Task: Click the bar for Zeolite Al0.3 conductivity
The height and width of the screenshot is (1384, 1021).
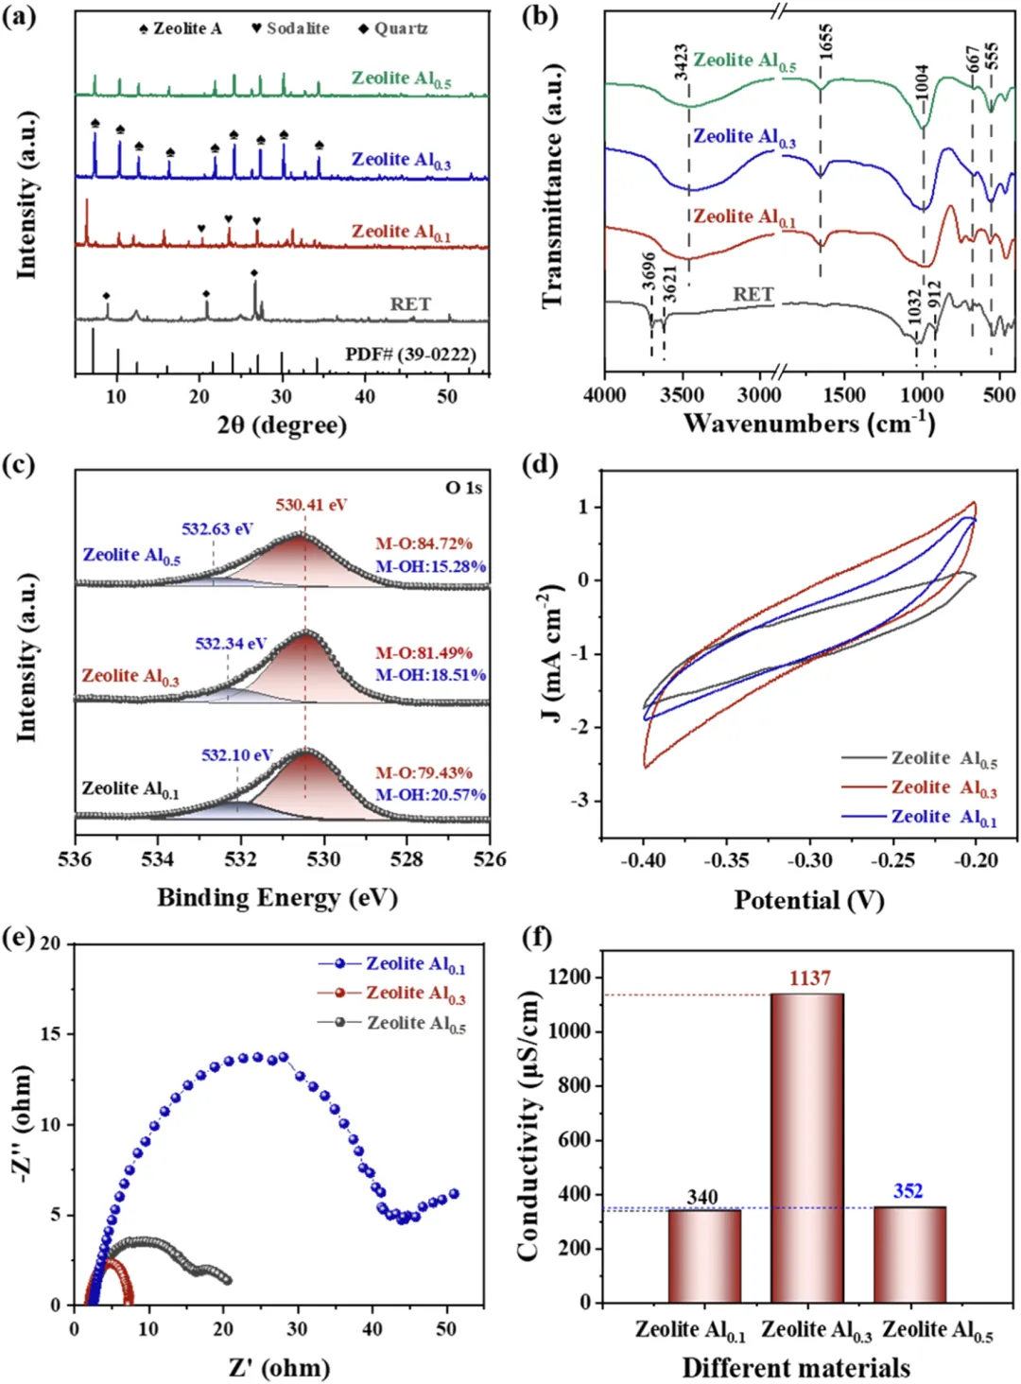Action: click(x=807, y=1148)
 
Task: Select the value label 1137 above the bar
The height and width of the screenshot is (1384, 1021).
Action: click(x=810, y=978)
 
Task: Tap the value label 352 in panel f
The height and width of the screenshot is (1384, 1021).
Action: click(x=908, y=1191)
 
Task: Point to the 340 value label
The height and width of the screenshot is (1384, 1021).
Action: click(x=702, y=1198)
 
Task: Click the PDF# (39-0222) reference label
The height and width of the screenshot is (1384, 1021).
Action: click(x=410, y=355)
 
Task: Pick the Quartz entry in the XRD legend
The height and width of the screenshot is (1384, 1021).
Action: click(x=393, y=28)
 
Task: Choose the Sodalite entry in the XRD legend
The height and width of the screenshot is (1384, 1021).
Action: click(x=291, y=28)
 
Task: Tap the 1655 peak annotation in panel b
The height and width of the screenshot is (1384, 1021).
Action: click(x=826, y=43)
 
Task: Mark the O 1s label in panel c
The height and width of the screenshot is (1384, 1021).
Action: click(x=463, y=488)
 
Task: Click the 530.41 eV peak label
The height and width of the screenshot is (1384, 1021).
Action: click(x=311, y=505)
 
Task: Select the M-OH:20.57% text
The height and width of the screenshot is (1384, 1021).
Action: click(x=431, y=795)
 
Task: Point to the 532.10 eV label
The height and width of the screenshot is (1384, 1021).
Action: click(x=236, y=754)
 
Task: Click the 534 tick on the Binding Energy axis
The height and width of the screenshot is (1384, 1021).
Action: click(x=158, y=859)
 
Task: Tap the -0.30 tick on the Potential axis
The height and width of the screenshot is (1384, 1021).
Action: click(x=809, y=861)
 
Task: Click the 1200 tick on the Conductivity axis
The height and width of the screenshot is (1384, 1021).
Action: click(x=573, y=977)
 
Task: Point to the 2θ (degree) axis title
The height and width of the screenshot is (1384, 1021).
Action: click(x=282, y=424)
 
